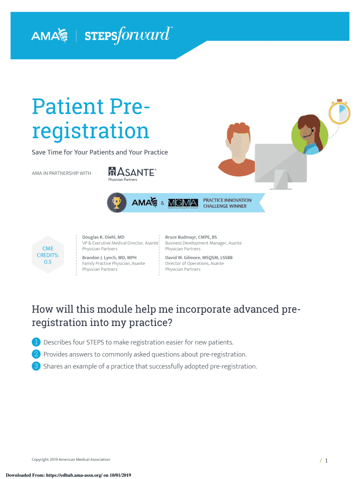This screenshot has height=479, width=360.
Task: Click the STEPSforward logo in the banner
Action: (x=128, y=35)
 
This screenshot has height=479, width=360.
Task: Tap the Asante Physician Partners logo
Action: (x=132, y=174)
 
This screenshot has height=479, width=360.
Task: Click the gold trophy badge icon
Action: (x=116, y=203)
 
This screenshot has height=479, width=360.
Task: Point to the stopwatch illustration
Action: (x=339, y=111)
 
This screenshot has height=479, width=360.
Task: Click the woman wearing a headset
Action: (x=310, y=134)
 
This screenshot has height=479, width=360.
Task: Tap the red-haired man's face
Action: (x=239, y=144)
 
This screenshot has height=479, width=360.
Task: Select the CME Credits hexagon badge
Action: (x=48, y=255)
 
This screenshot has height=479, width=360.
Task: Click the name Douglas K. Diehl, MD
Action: (x=103, y=237)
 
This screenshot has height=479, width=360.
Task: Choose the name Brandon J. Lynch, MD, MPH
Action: (x=109, y=258)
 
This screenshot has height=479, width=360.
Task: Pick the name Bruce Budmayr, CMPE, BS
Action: (x=191, y=237)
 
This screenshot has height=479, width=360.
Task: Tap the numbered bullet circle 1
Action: (x=36, y=342)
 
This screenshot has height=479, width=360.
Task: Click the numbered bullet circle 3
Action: (x=36, y=366)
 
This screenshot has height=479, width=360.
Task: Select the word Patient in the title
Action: (x=68, y=106)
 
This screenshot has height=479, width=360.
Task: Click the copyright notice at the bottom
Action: (x=71, y=459)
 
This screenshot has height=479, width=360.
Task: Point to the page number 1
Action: (x=326, y=461)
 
